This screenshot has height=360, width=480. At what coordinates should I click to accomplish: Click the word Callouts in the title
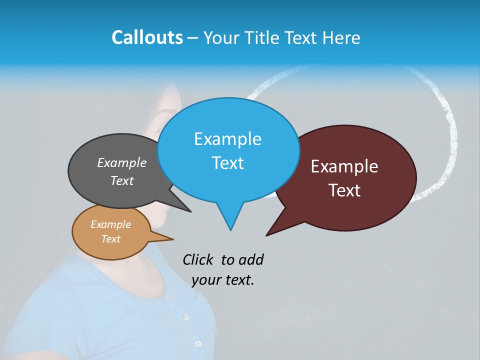(147, 37)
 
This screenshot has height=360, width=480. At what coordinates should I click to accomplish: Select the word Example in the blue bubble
(227, 139)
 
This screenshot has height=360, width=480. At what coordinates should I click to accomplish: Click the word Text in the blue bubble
(227, 162)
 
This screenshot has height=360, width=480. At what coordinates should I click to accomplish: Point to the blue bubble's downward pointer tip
(230, 229)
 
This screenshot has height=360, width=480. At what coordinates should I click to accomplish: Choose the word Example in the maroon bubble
(344, 166)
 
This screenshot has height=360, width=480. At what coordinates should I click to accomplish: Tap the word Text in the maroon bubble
(344, 190)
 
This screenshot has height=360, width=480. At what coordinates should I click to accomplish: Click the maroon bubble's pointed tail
(268, 234)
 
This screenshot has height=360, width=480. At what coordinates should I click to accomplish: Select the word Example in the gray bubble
(121, 162)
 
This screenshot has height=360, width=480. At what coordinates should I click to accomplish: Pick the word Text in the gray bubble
(121, 180)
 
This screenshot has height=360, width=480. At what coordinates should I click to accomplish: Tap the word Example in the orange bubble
(110, 224)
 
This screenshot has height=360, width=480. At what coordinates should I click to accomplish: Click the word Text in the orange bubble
(110, 239)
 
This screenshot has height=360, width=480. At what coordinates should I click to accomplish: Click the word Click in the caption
(198, 259)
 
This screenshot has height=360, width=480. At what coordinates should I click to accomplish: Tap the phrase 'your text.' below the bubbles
(223, 280)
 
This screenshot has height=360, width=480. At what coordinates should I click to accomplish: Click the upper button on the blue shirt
(185, 317)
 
